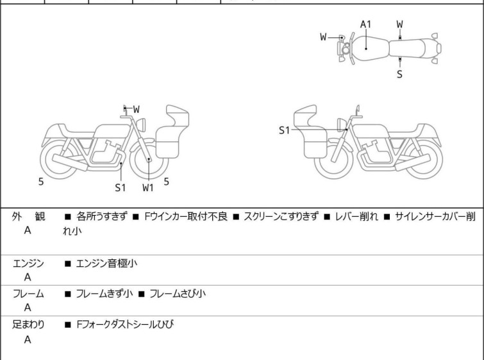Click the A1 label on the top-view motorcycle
click(365, 25)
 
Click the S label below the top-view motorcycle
click(399, 74)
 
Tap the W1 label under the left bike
click(148, 187)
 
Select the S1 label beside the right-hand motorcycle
click(285, 130)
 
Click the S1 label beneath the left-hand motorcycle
click(121, 187)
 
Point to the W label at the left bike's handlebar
click(137, 109)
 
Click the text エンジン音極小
click(106, 262)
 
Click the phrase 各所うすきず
click(98, 216)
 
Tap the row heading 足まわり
click(28, 325)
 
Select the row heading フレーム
click(28, 294)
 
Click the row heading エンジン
click(28, 262)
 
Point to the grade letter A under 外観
click(28, 230)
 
